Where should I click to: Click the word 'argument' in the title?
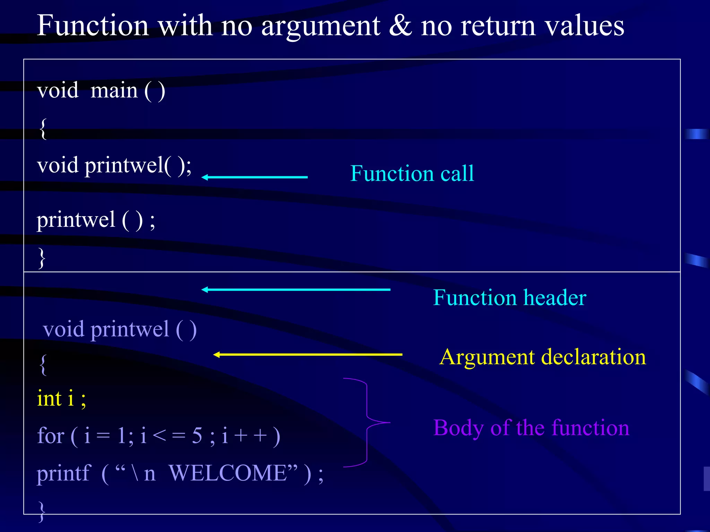click(x=321, y=27)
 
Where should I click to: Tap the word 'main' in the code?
click(x=114, y=91)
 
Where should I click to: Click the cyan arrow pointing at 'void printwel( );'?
click(x=255, y=177)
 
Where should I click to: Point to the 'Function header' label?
click(x=510, y=298)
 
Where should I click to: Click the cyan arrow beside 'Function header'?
click(x=296, y=290)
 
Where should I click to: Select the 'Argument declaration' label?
click(x=543, y=357)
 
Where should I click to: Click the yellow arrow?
click(x=308, y=354)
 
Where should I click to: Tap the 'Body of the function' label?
click(x=531, y=428)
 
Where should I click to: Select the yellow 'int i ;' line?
click(x=61, y=398)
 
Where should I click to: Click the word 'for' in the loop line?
click(x=51, y=435)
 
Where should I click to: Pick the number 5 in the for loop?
click(x=197, y=435)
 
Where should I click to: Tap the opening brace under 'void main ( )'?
click(x=43, y=129)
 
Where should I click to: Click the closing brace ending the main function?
click(x=42, y=258)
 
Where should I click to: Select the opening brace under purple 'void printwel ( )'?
click(x=43, y=365)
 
